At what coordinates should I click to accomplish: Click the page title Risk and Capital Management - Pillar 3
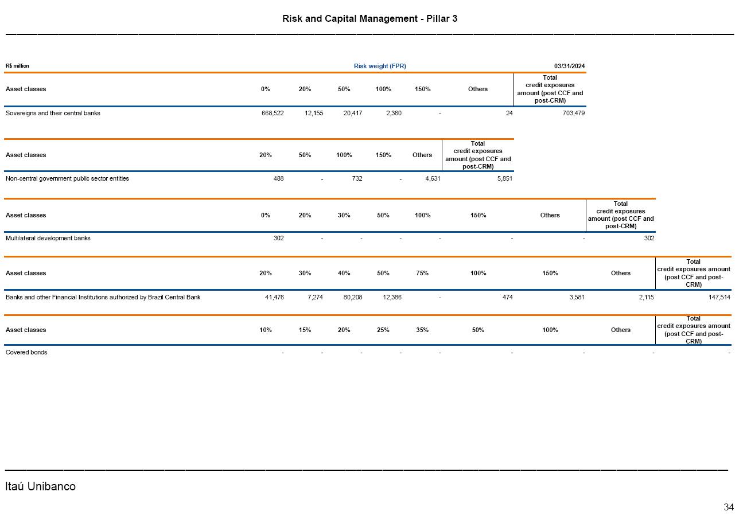coord(369,18)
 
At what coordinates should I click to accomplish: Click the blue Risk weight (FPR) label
coord(380,66)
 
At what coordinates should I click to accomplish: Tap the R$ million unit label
coord(17,66)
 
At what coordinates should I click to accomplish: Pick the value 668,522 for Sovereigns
coord(272,113)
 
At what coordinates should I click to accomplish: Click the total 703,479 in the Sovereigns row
coord(573,113)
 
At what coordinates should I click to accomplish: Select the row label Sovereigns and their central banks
coord(53,113)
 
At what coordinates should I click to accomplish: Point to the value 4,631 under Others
coord(430,178)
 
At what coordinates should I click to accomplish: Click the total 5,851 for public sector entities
coord(504,178)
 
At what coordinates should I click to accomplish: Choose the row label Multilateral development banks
coord(48,238)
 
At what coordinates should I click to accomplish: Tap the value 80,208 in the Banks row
coord(351,297)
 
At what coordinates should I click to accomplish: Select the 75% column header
coord(422,273)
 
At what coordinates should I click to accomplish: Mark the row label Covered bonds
coord(26,352)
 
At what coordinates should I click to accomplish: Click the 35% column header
coord(422,330)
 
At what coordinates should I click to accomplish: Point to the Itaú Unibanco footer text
coord(40,486)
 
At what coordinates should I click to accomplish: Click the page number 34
coord(728,507)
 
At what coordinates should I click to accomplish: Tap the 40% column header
coord(344,273)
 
